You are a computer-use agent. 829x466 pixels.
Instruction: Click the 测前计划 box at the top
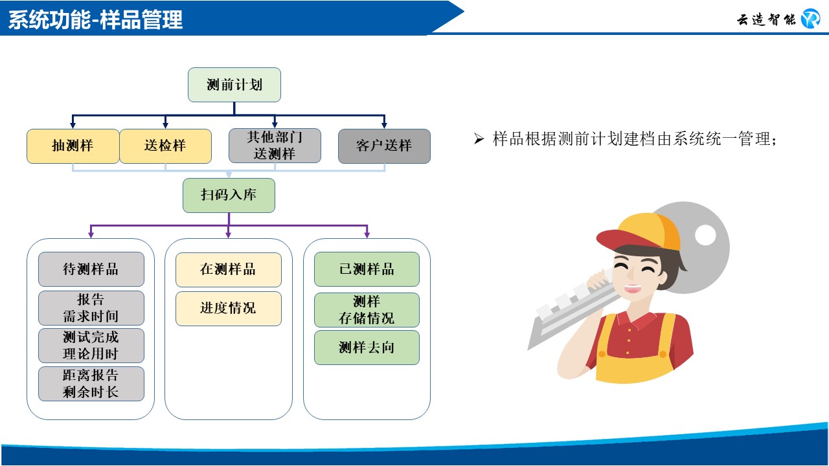click(234, 85)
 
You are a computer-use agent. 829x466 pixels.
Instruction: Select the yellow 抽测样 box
click(73, 146)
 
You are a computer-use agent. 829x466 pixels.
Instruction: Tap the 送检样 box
click(165, 146)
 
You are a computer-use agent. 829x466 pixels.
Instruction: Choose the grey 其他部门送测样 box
click(275, 146)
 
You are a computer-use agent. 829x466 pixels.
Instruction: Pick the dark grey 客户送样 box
click(384, 146)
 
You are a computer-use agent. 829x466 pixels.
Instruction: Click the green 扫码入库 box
click(229, 195)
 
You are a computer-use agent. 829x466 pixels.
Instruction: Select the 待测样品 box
click(91, 269)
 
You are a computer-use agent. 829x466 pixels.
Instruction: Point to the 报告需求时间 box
click(91, 307)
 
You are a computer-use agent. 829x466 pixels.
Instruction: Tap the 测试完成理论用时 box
click(91, 346)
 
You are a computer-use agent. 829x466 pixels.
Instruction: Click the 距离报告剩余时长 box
click(91, 384)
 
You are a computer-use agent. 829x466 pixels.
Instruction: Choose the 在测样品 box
click(229, 270)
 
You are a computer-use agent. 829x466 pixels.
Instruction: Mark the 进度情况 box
click(229, 309)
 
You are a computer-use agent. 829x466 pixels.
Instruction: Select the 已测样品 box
click(367, 269)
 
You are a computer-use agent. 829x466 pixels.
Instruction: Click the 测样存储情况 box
click(367, 310)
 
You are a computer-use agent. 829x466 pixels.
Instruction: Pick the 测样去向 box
click(367, 348)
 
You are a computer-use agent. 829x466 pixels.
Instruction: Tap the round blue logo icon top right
click(810, 19)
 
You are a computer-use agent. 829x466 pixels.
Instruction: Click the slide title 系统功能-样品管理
click(95, 19)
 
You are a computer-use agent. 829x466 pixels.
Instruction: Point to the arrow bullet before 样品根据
click(479, 139)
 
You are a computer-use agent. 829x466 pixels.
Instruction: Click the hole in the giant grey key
click(705, 235)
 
